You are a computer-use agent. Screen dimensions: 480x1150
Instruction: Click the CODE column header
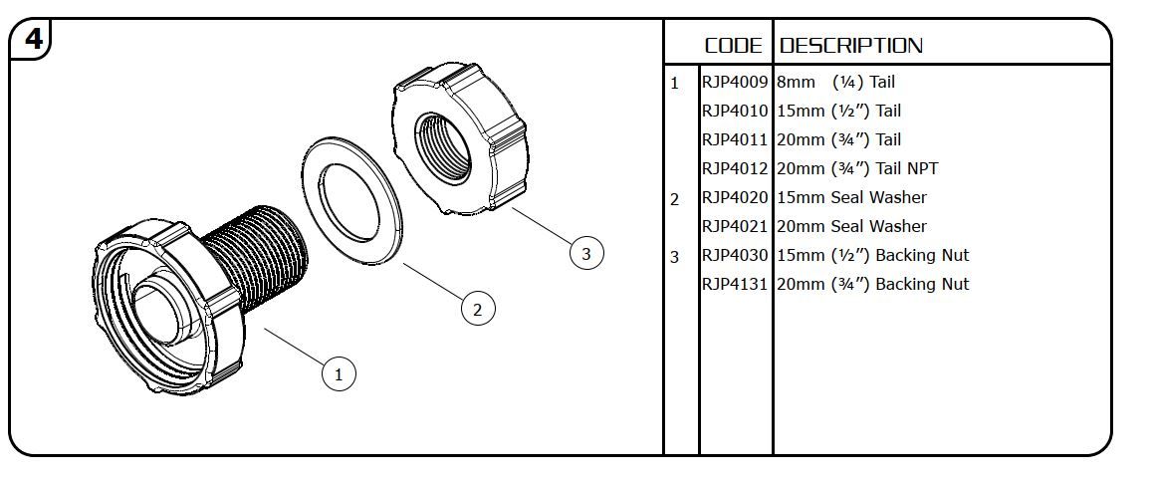(x=734, y=46)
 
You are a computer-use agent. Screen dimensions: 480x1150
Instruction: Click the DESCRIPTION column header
(x=851, y=46)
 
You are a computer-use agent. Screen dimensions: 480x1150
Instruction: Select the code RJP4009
(x=736, y=83)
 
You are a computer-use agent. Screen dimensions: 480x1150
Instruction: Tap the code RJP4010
(x=736, y=112)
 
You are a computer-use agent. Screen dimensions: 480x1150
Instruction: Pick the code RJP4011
(x=736, y=140)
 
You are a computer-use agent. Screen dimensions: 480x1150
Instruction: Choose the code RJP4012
(x=736, y=169)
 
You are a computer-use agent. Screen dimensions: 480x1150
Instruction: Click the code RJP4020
(x=736, y=198)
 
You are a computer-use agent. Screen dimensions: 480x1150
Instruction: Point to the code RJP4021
(x=736, y=227)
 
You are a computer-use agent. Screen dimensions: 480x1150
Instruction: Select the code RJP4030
(x=736, y=256)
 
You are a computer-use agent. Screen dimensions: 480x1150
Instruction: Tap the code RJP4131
(x=736, y=285)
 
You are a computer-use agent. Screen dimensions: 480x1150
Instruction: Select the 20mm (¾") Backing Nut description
(x=872, y=285)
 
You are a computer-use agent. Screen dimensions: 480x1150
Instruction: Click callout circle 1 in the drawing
(x=339, y=374)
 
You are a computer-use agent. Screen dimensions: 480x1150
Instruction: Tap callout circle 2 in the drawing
(x=478, y=310)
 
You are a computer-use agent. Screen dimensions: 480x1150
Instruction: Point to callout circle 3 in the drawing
(x=585, y=254)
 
